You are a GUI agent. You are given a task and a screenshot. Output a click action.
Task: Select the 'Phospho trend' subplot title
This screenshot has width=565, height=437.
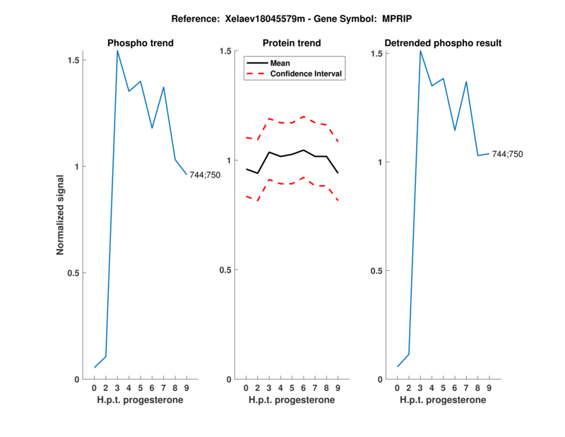pos(141,43)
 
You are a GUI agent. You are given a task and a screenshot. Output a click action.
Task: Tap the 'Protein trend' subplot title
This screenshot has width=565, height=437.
pos(292,43)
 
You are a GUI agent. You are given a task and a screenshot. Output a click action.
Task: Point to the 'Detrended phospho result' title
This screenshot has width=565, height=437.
pos(444,43)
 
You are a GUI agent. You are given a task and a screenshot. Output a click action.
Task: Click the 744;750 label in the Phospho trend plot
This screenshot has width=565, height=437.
pos(205,175)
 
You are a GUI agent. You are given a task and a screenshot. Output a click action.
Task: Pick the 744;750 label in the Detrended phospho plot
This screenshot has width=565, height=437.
pos(508,153)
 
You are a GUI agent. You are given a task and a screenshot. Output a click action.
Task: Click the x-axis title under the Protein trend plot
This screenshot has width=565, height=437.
pos(292,400)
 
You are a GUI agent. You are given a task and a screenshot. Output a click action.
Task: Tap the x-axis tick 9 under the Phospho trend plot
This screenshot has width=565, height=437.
pos(186,388)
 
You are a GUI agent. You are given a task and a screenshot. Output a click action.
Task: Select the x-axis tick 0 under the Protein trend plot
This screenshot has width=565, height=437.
pos(246,388)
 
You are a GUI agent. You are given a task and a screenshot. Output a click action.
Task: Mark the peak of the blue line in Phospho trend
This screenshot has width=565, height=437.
pos(117,50)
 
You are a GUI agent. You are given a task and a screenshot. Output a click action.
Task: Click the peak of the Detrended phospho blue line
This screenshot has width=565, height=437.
pos(420,50)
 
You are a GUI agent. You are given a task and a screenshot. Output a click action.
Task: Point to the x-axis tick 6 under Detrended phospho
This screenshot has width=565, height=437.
pos(455,388)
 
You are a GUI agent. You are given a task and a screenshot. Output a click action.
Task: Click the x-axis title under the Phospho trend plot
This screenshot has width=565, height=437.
pos(141,400)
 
